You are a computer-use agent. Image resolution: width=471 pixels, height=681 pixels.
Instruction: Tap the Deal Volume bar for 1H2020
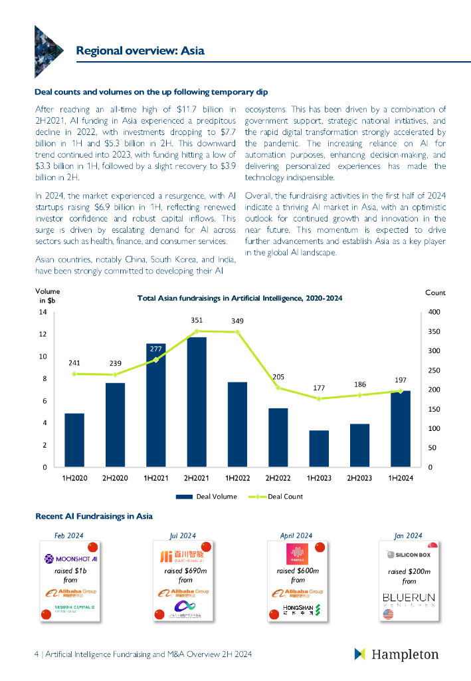(x=74, y=440)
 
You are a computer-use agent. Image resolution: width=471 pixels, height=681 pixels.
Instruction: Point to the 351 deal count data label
(x=197, y=320)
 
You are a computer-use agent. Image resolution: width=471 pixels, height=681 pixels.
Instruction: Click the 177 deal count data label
(x=319, y=388)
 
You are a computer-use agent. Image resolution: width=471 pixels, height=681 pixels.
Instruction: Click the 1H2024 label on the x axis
(x=401, y=478)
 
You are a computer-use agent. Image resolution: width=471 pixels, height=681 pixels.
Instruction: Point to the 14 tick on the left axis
(x=43, y=312)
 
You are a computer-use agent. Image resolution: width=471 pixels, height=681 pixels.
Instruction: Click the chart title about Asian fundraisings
(x=239, y=299)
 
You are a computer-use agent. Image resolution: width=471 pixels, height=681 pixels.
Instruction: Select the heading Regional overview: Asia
(x=140, y=51)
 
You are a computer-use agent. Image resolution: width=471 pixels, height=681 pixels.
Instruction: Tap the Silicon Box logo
(x=409, y=554)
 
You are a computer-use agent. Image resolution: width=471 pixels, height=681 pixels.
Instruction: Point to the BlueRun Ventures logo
(x=409, y=599)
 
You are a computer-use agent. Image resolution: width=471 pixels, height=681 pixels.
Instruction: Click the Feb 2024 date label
(x=68, y=535)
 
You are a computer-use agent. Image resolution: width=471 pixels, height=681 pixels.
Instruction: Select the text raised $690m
(x=185, y=571)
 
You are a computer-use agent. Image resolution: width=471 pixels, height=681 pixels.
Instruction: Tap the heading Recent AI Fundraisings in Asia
(x=94, y=516)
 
